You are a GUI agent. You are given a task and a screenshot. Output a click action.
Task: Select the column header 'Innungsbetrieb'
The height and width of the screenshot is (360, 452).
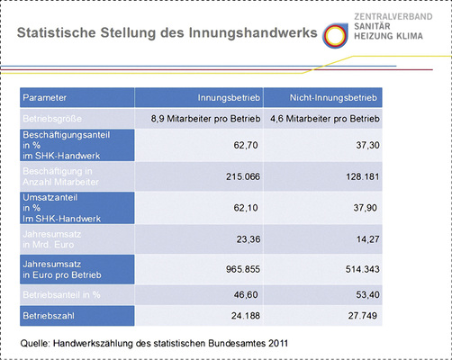tap(228, 96)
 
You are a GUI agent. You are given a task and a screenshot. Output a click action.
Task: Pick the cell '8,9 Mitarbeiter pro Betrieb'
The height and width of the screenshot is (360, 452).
tap(204, 118)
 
